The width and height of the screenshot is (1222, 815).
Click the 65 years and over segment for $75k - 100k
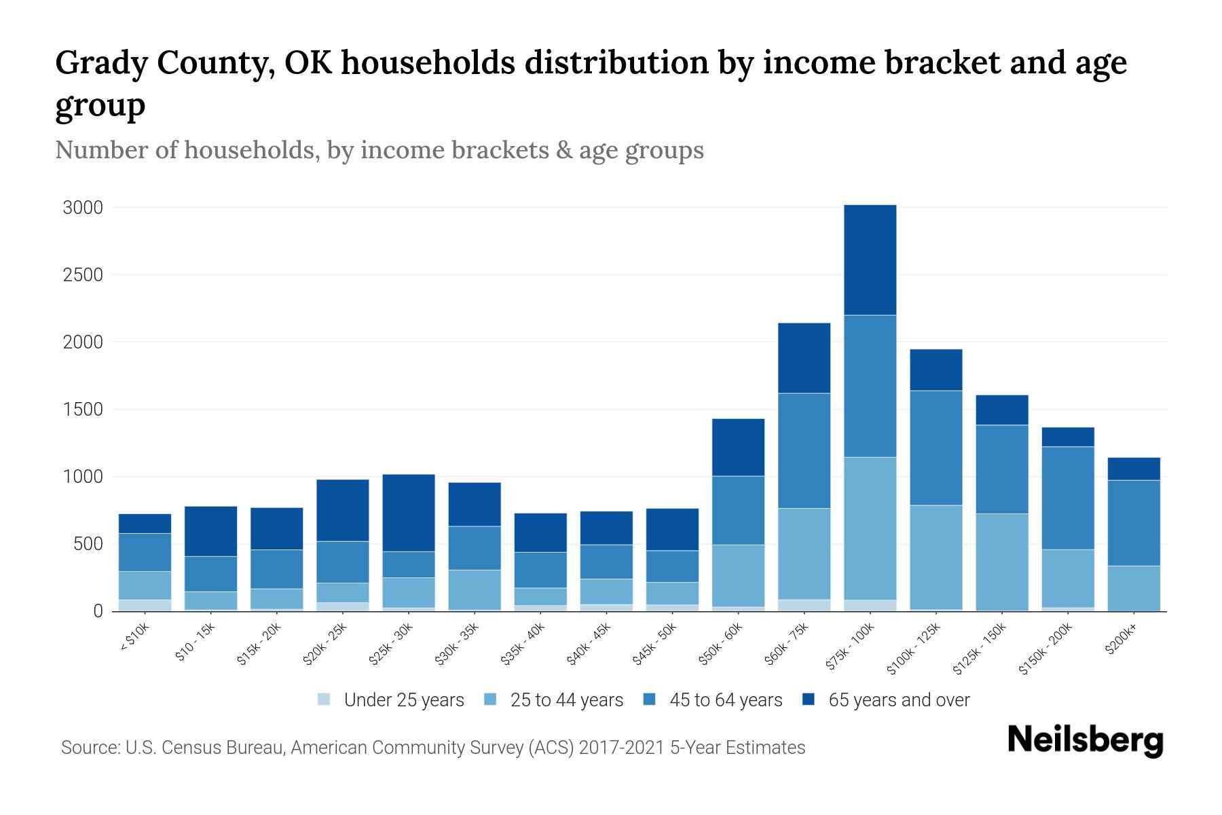click(870, 259)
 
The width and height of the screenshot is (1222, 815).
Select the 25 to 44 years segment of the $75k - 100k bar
click(870, 528)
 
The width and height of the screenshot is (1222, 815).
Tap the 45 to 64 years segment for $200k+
click(1133, 523)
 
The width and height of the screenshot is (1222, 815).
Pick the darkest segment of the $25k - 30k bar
click(409, 513)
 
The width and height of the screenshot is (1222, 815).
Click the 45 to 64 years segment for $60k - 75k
click(804, 450)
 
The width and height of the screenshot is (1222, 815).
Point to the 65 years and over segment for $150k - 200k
click(1067, 437)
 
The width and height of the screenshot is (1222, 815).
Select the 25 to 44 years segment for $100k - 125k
click(936, 557)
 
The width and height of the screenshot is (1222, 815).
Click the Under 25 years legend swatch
click(325, 699)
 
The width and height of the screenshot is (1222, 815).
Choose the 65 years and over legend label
click(898, 700)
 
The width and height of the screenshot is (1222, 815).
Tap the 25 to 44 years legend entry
click(566, 700)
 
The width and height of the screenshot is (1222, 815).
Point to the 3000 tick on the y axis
click(83, 208)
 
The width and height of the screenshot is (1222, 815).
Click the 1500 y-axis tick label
click(83, 410)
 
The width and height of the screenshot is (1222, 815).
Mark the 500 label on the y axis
click(88, 544)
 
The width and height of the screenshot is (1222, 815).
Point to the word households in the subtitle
click(251, 150)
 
